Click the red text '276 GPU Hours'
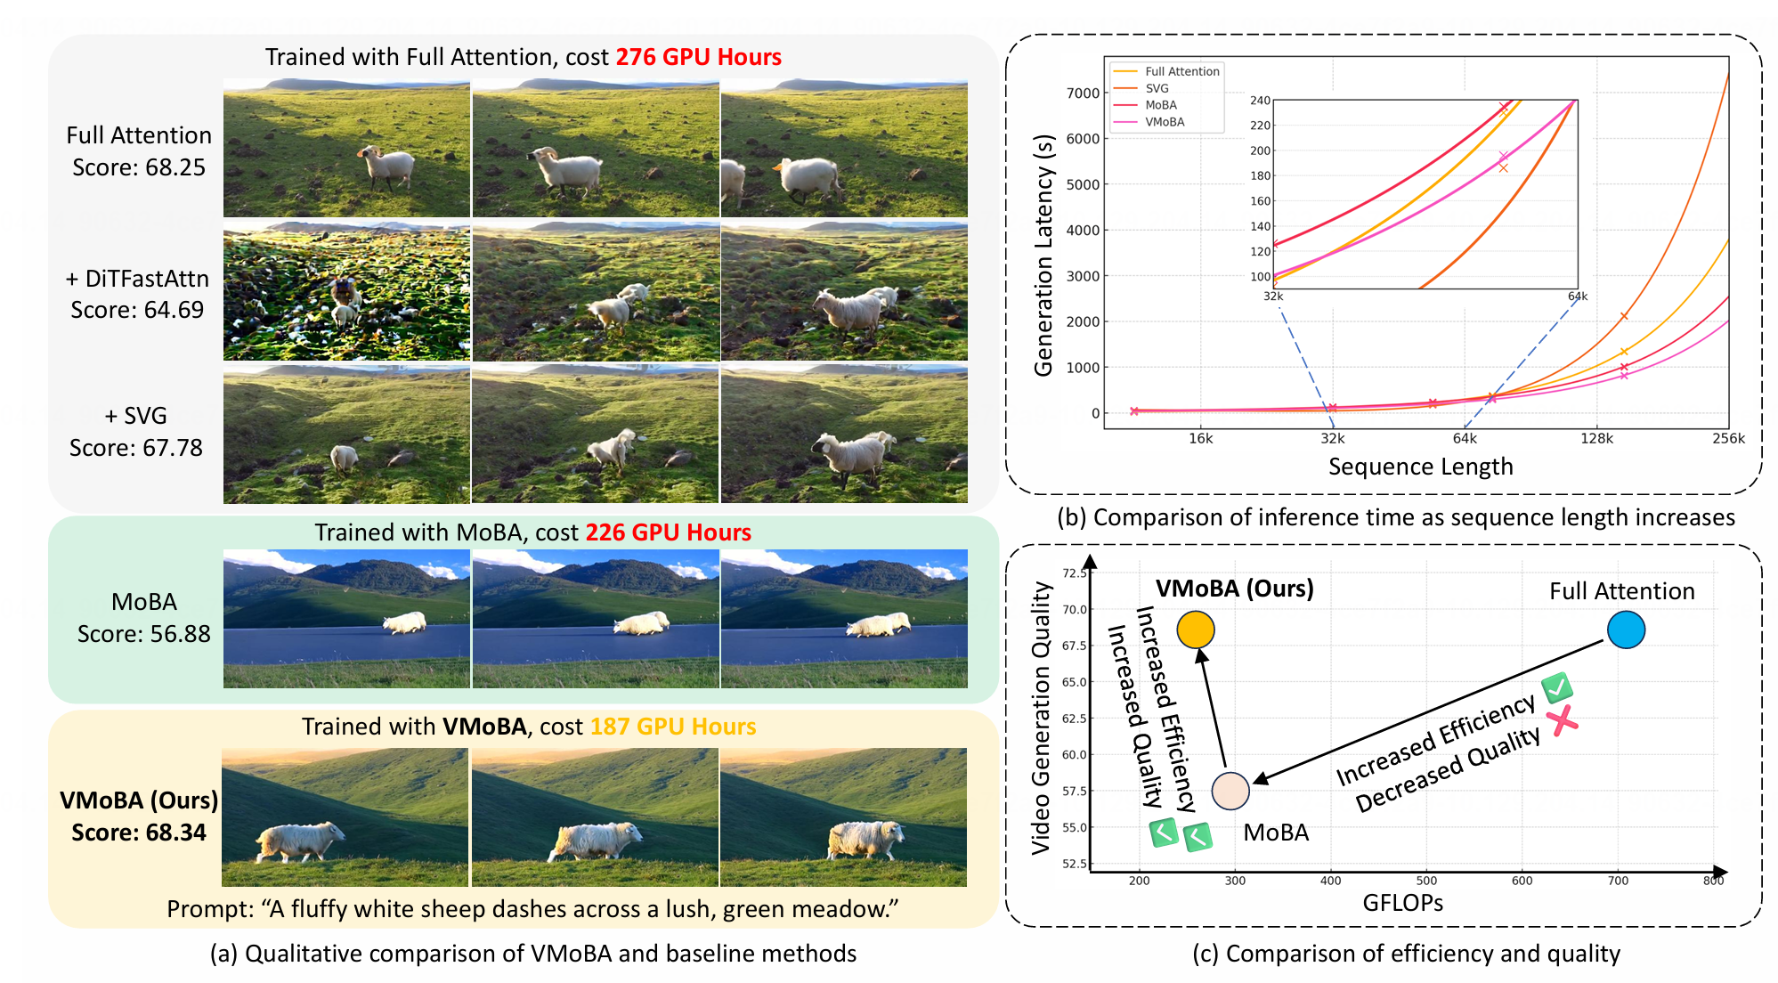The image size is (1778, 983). tap(698, 57)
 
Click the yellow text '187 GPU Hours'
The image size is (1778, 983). tap(672, 727)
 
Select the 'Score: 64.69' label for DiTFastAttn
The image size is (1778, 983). tap(137, 310)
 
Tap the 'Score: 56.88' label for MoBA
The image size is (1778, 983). tap(143, 634)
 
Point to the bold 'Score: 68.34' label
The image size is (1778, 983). tap(139, 833)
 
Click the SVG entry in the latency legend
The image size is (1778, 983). tap(1157, 88)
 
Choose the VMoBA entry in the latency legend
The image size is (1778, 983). tap(1165, 122)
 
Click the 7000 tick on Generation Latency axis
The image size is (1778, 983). tap(1083, 93)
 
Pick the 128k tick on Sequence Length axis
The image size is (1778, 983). tap(1596, 438)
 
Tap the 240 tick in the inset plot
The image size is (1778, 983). tap(1260, 101)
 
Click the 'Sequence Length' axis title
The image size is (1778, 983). tap(1420, 467)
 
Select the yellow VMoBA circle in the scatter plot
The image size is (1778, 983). tap(1196, 630)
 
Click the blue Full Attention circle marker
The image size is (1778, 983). tap(1626, 630)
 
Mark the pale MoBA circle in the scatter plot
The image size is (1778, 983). tap(1230, 791)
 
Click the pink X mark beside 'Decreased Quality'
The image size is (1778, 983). tap(1562, 720)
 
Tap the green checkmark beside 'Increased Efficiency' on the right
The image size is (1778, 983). tap(1557, 687)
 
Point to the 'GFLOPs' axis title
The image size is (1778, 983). tap(1402, 903)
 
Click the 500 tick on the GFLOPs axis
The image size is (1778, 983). tap(1426, 881)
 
